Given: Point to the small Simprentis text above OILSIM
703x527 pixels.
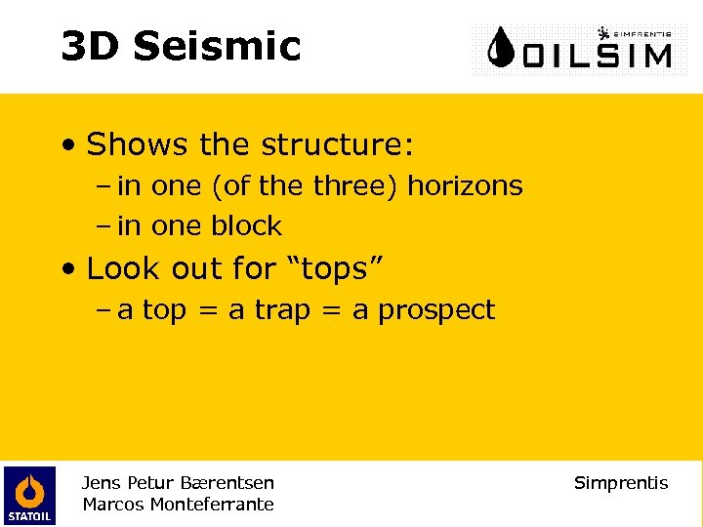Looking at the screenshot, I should [641, 31].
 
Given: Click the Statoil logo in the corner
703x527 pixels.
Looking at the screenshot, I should [29, 495].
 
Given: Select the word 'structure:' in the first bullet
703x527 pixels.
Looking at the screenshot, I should [335, 145].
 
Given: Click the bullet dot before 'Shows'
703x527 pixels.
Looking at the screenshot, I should [67, 146].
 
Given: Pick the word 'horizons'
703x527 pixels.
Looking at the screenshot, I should [465, 185].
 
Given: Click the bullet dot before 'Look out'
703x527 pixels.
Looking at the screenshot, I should [67, 268].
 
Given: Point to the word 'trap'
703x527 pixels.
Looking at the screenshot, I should [284, 310].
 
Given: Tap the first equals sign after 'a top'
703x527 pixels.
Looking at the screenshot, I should [207, 311].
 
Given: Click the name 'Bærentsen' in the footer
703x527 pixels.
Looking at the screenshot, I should [231, 483].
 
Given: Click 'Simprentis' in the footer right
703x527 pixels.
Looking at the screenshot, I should [621, 483].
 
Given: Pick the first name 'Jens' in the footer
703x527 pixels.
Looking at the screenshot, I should [100, 483].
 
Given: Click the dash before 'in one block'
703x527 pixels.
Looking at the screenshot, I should [103, 226].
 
